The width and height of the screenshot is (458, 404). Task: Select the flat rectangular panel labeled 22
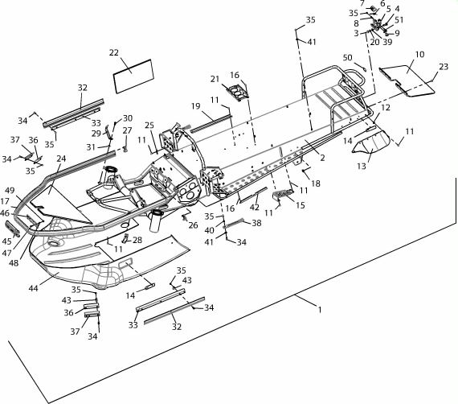[133, 76]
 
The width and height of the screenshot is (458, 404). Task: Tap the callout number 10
[419, 55]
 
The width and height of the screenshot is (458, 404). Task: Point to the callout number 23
[444, 67]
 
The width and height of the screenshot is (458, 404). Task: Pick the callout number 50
[348, 58]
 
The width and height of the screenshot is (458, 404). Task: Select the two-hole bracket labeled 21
[237, 91]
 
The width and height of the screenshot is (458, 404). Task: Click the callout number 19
[196, 106]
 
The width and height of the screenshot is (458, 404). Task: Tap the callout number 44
[33, 288]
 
